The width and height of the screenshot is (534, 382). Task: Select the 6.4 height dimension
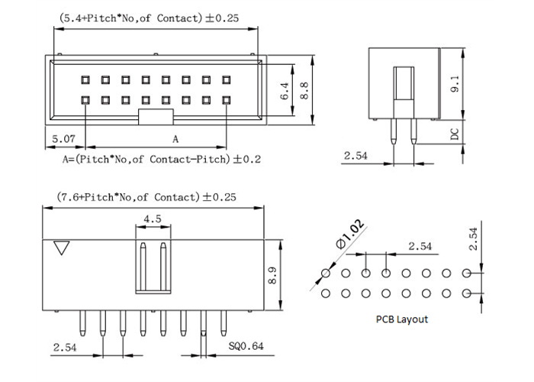tap(283, 92)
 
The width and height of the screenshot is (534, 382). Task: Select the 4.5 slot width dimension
tap(152, 219)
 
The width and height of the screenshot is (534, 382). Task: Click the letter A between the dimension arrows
tap(175, 140)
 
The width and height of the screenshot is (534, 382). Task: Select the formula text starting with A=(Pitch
tap(151, 160)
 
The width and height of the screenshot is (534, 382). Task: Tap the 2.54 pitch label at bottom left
tap(66, 347)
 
